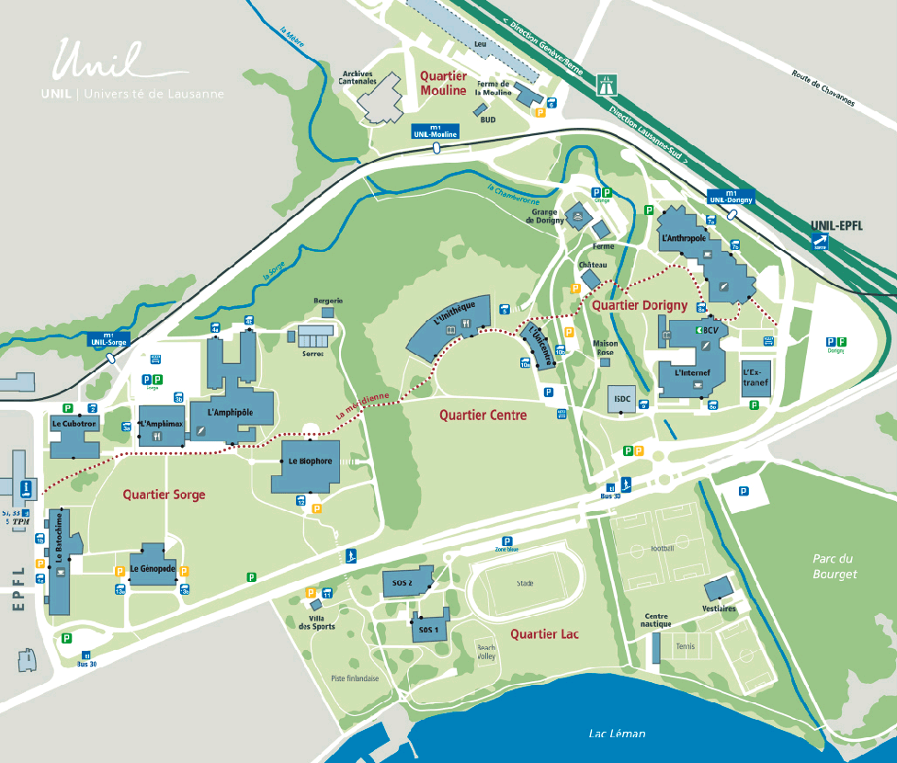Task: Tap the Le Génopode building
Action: tap(152, 569)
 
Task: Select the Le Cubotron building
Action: tap(74, 435)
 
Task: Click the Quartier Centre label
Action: tap(483, 416)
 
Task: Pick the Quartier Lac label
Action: tap(544, 633)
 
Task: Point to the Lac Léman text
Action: tap(617, 733)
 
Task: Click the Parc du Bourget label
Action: tap(834, 566)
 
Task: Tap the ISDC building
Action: tap(621, 399)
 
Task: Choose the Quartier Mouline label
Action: tap(444, 83)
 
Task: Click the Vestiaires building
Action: tap(719, 589)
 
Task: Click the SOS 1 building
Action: tap(429, 629)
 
